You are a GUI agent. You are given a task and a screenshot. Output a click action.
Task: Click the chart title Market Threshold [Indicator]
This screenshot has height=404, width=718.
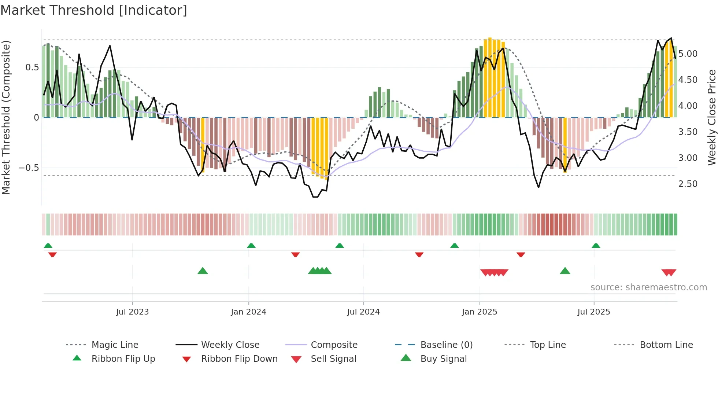(94, 10)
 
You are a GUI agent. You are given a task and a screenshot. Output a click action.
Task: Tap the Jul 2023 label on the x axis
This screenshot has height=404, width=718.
(132, 312)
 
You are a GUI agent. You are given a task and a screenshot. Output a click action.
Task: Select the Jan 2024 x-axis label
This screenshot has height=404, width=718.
(248, 312)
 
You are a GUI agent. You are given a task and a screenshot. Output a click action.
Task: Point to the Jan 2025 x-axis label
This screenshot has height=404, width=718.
(479, 312)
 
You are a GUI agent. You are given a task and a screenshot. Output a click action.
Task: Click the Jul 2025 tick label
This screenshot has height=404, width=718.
(593, 312)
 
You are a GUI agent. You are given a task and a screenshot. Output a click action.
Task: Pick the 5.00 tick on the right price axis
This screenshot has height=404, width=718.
(688, 54)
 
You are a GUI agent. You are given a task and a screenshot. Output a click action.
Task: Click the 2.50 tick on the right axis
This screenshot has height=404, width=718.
(688, 184)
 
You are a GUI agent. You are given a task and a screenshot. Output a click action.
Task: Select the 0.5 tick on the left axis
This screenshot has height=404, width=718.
(32, 67)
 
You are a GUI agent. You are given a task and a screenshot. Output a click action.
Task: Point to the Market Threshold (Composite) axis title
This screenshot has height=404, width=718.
(6, 117)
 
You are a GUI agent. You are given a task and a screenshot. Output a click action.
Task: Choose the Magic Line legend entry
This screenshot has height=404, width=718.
(115, 345)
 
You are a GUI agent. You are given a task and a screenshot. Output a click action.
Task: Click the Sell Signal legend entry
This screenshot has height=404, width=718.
(333, 359)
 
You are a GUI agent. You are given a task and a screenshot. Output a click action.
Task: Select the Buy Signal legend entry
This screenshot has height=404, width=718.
(443, 359)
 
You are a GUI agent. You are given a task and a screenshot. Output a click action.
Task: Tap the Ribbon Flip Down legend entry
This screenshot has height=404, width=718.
(239, 359)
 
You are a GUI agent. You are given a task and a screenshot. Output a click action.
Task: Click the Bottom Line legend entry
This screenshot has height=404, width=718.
(666, 345)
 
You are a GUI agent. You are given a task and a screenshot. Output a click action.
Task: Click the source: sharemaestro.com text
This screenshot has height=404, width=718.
(648, 287)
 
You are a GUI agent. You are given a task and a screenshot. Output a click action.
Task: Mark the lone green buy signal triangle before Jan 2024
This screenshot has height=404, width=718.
(203, 271)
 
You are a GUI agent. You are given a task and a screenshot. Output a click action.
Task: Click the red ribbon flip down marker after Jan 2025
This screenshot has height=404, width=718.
(521, 254)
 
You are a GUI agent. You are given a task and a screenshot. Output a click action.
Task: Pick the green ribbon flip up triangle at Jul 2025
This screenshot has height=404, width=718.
(596, 246)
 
